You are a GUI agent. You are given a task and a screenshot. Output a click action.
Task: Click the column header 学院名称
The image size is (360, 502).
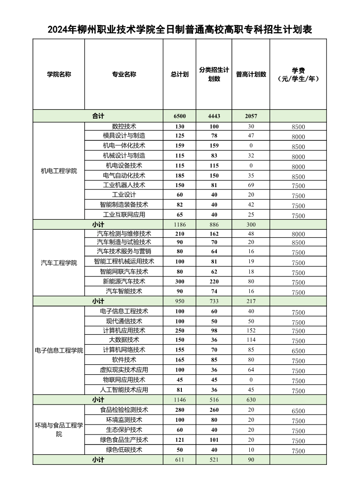pos(59,74)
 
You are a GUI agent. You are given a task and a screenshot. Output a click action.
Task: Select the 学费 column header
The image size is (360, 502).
pos(298,74)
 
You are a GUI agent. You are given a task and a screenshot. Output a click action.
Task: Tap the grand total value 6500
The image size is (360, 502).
pos(180,116)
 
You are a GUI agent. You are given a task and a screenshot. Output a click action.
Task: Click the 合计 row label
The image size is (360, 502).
pos(98,116)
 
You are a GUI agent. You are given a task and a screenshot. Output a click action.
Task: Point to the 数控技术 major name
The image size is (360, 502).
pos(124,126)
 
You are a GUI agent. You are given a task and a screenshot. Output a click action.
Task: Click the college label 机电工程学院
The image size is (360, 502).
pos(59,171)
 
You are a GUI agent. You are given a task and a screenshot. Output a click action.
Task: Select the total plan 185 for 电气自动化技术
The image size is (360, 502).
pos(180,175)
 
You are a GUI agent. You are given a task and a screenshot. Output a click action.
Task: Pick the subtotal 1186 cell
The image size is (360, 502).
pos(180,224)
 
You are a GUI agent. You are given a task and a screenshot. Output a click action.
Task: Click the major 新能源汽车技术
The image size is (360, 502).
pos(124,281)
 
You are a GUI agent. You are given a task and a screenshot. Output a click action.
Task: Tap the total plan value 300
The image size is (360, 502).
pos(180,281)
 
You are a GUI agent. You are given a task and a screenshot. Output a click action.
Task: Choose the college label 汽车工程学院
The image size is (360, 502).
pos(59,263)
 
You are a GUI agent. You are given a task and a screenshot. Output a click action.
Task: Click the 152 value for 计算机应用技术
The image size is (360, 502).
pos(251,330)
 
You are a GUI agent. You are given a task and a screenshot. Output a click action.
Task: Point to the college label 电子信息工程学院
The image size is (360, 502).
pos(59,351)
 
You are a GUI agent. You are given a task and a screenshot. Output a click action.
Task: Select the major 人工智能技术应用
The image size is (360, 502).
pos(124,390)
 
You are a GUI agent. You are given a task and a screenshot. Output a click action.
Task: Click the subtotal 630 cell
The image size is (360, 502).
pos(251,400)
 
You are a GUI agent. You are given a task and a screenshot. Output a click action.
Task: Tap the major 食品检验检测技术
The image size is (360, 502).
pos(124,410)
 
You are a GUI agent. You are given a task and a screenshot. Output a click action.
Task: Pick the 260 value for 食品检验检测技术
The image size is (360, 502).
pos(214,410)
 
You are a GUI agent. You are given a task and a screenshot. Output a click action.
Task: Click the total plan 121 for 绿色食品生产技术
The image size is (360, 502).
pos(180,439)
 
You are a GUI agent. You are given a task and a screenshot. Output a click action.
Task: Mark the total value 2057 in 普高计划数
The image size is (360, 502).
pos(251,116)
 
